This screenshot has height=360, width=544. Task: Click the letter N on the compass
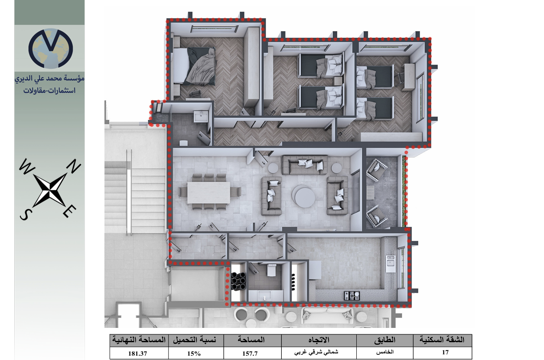(73, 166)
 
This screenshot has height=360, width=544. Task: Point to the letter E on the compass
(69, 211)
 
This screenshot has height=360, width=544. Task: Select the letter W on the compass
(27, 167)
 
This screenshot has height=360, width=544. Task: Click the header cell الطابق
(385, 340)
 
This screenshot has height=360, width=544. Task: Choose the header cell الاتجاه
(319, 340)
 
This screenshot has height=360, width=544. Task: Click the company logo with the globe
(51, 48)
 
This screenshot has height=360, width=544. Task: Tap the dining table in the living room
(208, 193)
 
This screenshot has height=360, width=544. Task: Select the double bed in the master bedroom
(194, 66)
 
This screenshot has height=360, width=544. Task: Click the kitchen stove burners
(351, 295)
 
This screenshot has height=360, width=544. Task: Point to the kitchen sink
(391, 263)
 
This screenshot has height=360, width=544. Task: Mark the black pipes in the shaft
(239, 281)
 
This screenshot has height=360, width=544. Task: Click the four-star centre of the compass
(50, 190)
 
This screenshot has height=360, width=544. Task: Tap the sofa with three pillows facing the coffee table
(305, 164)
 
